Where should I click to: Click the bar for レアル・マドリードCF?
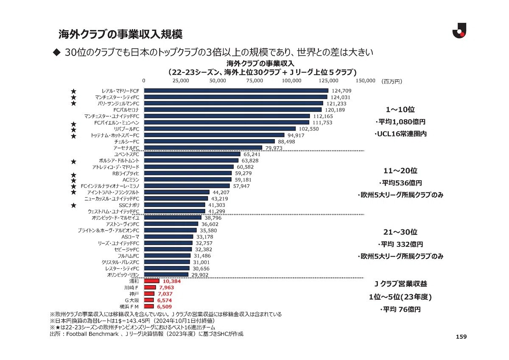[236, 91]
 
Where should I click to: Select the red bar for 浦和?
[152, 281]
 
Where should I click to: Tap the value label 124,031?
[341, 97]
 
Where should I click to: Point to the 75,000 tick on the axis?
[255, 81]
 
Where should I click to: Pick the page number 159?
[461, 337]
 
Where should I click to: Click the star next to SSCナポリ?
[73, 205]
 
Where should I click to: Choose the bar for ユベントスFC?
[192, 154]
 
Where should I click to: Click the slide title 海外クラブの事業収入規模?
[120, 34]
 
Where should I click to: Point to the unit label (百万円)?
[392, 81]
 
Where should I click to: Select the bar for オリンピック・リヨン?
[166, 275]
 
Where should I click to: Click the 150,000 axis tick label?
[365, 81]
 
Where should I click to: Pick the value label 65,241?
[252, 154]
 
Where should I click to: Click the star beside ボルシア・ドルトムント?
[73, 161]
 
